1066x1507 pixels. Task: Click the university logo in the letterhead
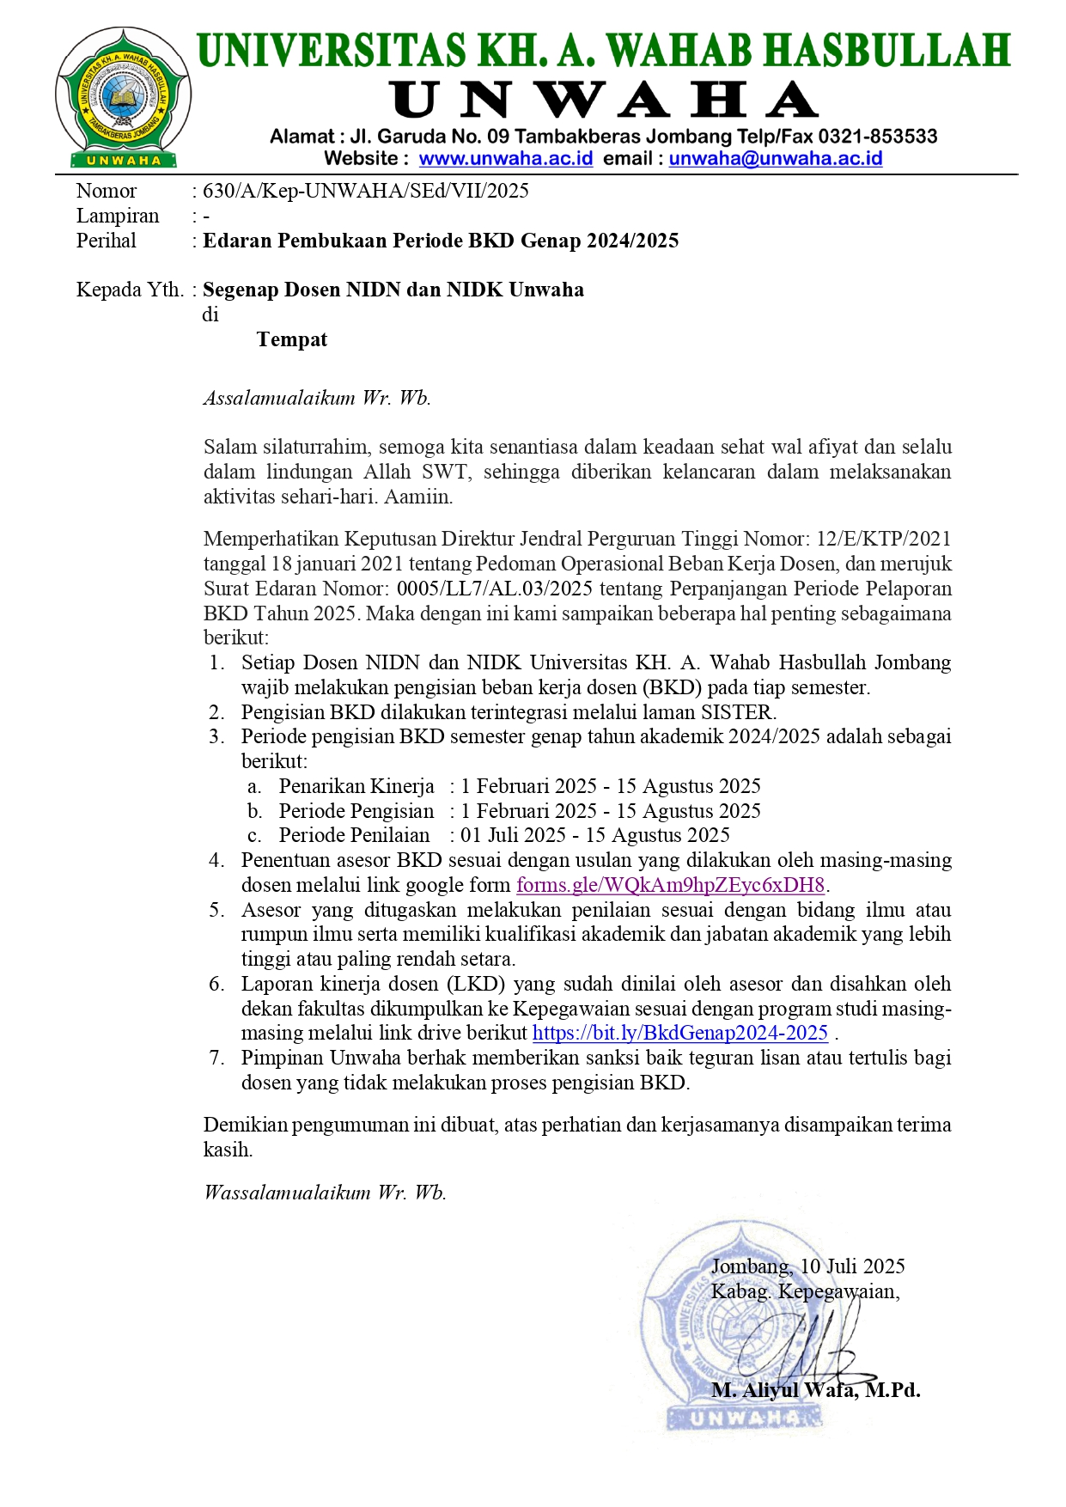[x=124, y=96]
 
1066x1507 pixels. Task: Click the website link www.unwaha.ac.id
[x=505, y=159]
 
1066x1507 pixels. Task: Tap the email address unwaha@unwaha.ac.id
[x=775, y=159]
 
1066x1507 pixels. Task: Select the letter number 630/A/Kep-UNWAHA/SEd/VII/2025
[x=366, y=191]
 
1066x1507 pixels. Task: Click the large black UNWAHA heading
[x=604, y=101]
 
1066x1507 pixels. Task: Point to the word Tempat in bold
[x=291, y=340]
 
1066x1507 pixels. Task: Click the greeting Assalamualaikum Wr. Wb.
[x=317, y=398]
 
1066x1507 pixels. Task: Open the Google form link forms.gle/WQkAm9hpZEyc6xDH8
[x=670, y=885]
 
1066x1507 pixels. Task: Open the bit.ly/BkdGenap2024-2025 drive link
[x=679, y=1034]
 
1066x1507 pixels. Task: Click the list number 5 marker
[x=216, y=910]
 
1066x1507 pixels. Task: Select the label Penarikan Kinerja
[x=356, y=786]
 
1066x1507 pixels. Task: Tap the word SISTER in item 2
[x=736, y=712]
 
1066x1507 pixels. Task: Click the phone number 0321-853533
[x=877, y=137]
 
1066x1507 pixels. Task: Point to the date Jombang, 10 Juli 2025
[x=807, y=1266]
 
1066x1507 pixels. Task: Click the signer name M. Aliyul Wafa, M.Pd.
[x=815, y=1390]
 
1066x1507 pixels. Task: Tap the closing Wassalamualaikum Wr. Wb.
[x=325, y=1193]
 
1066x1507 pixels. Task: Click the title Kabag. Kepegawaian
[x=805, y=1291]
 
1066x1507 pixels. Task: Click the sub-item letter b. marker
[x=254, y=811]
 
